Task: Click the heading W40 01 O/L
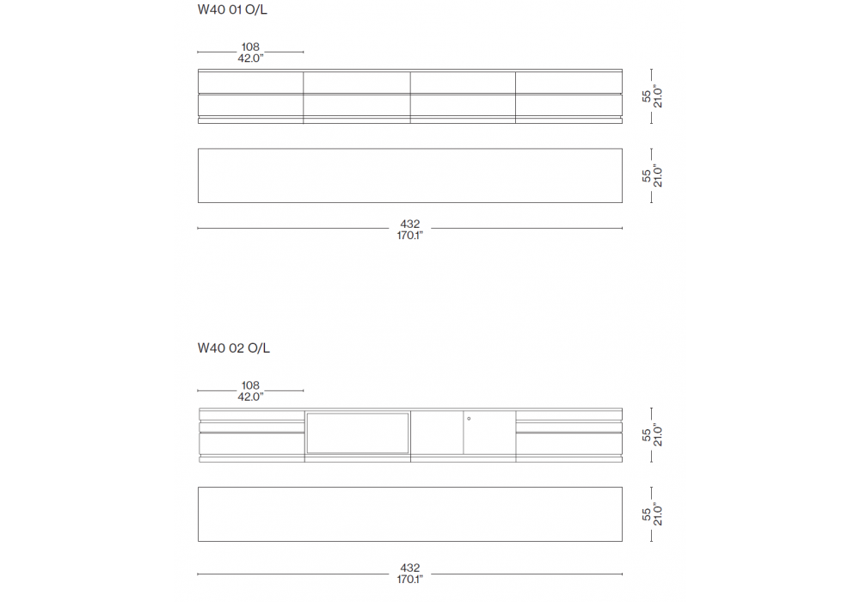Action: point(232,9)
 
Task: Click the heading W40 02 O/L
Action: point(234,348)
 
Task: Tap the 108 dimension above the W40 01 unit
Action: point(250,47)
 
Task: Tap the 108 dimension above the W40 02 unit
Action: point(250,385)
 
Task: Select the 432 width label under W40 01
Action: point(409,224)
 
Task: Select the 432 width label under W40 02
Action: point(409,568)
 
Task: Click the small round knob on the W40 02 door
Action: point(469,419)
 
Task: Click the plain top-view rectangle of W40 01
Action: point(409,175)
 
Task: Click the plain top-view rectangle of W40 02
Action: point(409,514)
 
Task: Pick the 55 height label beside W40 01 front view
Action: point(647,96)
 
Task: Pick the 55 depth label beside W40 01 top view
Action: point(647,175)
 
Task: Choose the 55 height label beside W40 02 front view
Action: point(647,435)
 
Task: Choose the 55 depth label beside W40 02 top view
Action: point(647,514)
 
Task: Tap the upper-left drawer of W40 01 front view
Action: point(250,83)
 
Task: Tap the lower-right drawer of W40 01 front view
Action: point(568,105)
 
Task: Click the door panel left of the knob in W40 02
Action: point(437,433)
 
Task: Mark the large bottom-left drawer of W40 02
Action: point(252,444)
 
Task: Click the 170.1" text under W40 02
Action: point(409,579)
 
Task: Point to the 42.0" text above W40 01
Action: point(250,58)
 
